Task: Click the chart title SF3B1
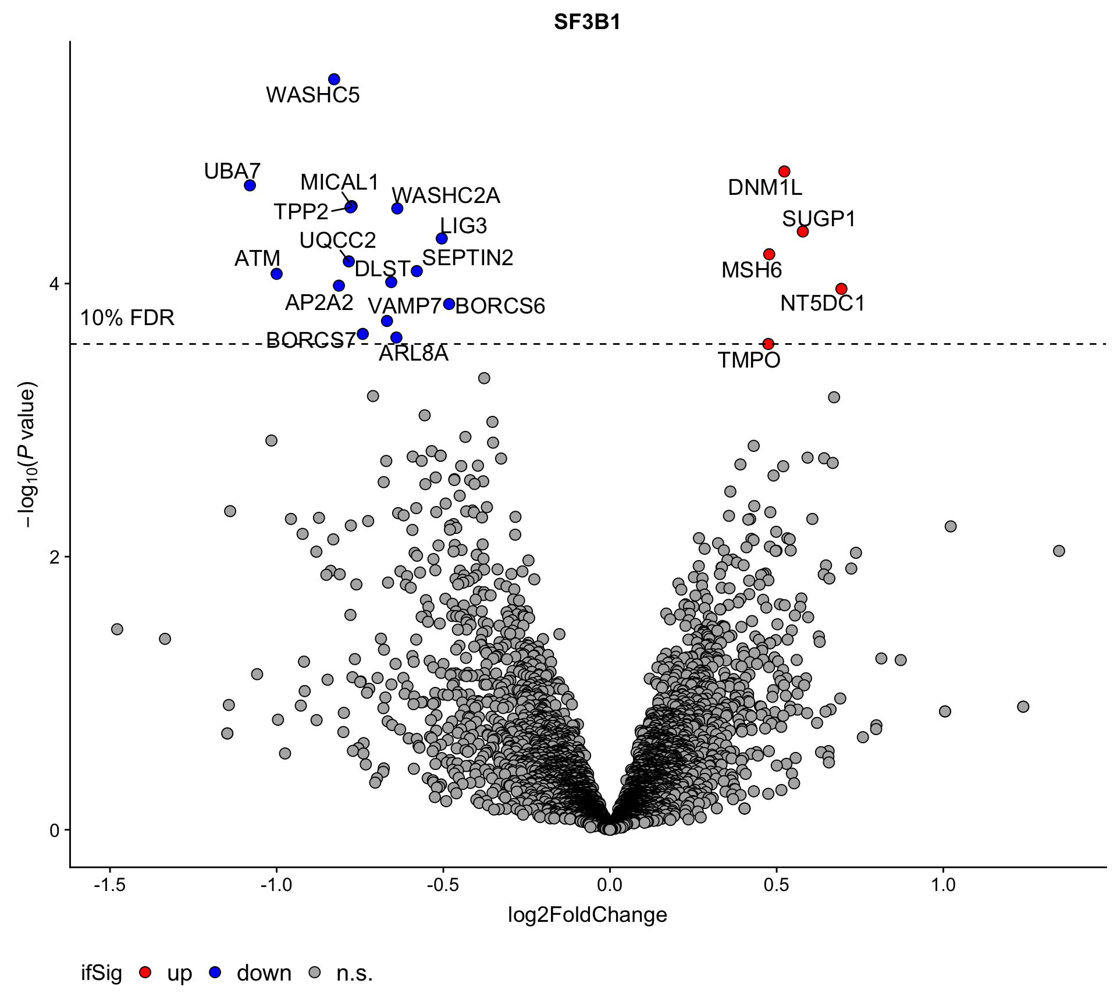coord(587,22)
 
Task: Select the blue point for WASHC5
coord(334,79)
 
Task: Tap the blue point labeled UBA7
coord(250,186)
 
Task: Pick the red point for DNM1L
coord(784,172)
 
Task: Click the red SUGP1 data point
coord(803,231)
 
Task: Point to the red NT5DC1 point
coord(841,289)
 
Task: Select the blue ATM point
coord(277,274)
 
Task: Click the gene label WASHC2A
coord(446,195)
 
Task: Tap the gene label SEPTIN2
coord(468,258)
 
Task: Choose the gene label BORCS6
coord(500,306)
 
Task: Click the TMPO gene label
coord(749,360)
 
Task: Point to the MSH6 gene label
coord(752,270)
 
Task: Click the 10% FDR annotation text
coord(127,318)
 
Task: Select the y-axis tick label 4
coord(55,284)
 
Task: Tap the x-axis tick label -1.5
coord(109,885)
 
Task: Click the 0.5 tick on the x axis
coord(776,885)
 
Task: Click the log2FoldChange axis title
coord(587,915)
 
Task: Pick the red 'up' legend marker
coord(145,972)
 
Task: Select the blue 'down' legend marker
coord(215,972)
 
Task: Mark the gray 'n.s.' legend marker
coord(315,972)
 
